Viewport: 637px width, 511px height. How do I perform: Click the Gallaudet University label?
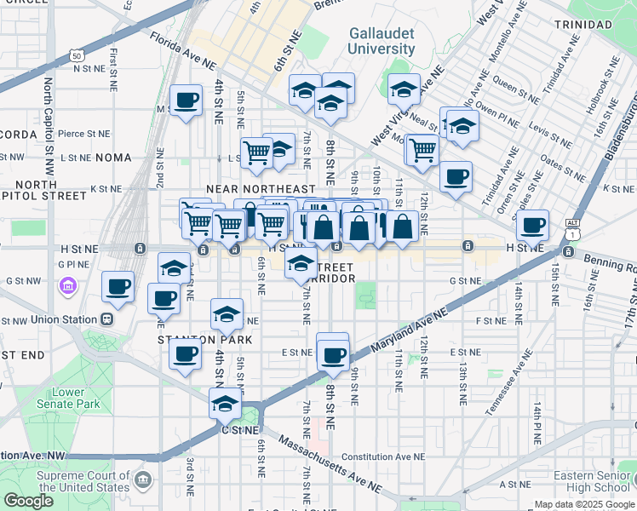(x=382, y=41)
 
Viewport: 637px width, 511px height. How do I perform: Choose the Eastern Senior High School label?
(x=591, y=481)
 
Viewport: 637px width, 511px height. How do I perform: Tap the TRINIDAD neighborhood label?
(x=582, y=25)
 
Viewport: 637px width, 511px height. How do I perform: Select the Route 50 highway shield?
(x=77, y=55)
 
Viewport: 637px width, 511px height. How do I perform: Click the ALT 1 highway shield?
(x=571, y=227)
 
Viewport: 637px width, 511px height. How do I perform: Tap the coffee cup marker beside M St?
(x=186, y=101)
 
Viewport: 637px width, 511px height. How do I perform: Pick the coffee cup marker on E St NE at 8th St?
(x=333, y=353)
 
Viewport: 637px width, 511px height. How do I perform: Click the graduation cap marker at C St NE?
(x=225, y=403)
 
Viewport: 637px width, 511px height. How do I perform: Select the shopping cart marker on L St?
(x=255, y=152)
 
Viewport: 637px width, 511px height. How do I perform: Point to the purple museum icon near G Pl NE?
(x=67, y=284)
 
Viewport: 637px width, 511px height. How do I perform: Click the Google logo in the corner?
(x=29, y=501)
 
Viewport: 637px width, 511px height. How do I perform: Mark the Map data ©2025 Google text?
(x=582, y=504)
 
